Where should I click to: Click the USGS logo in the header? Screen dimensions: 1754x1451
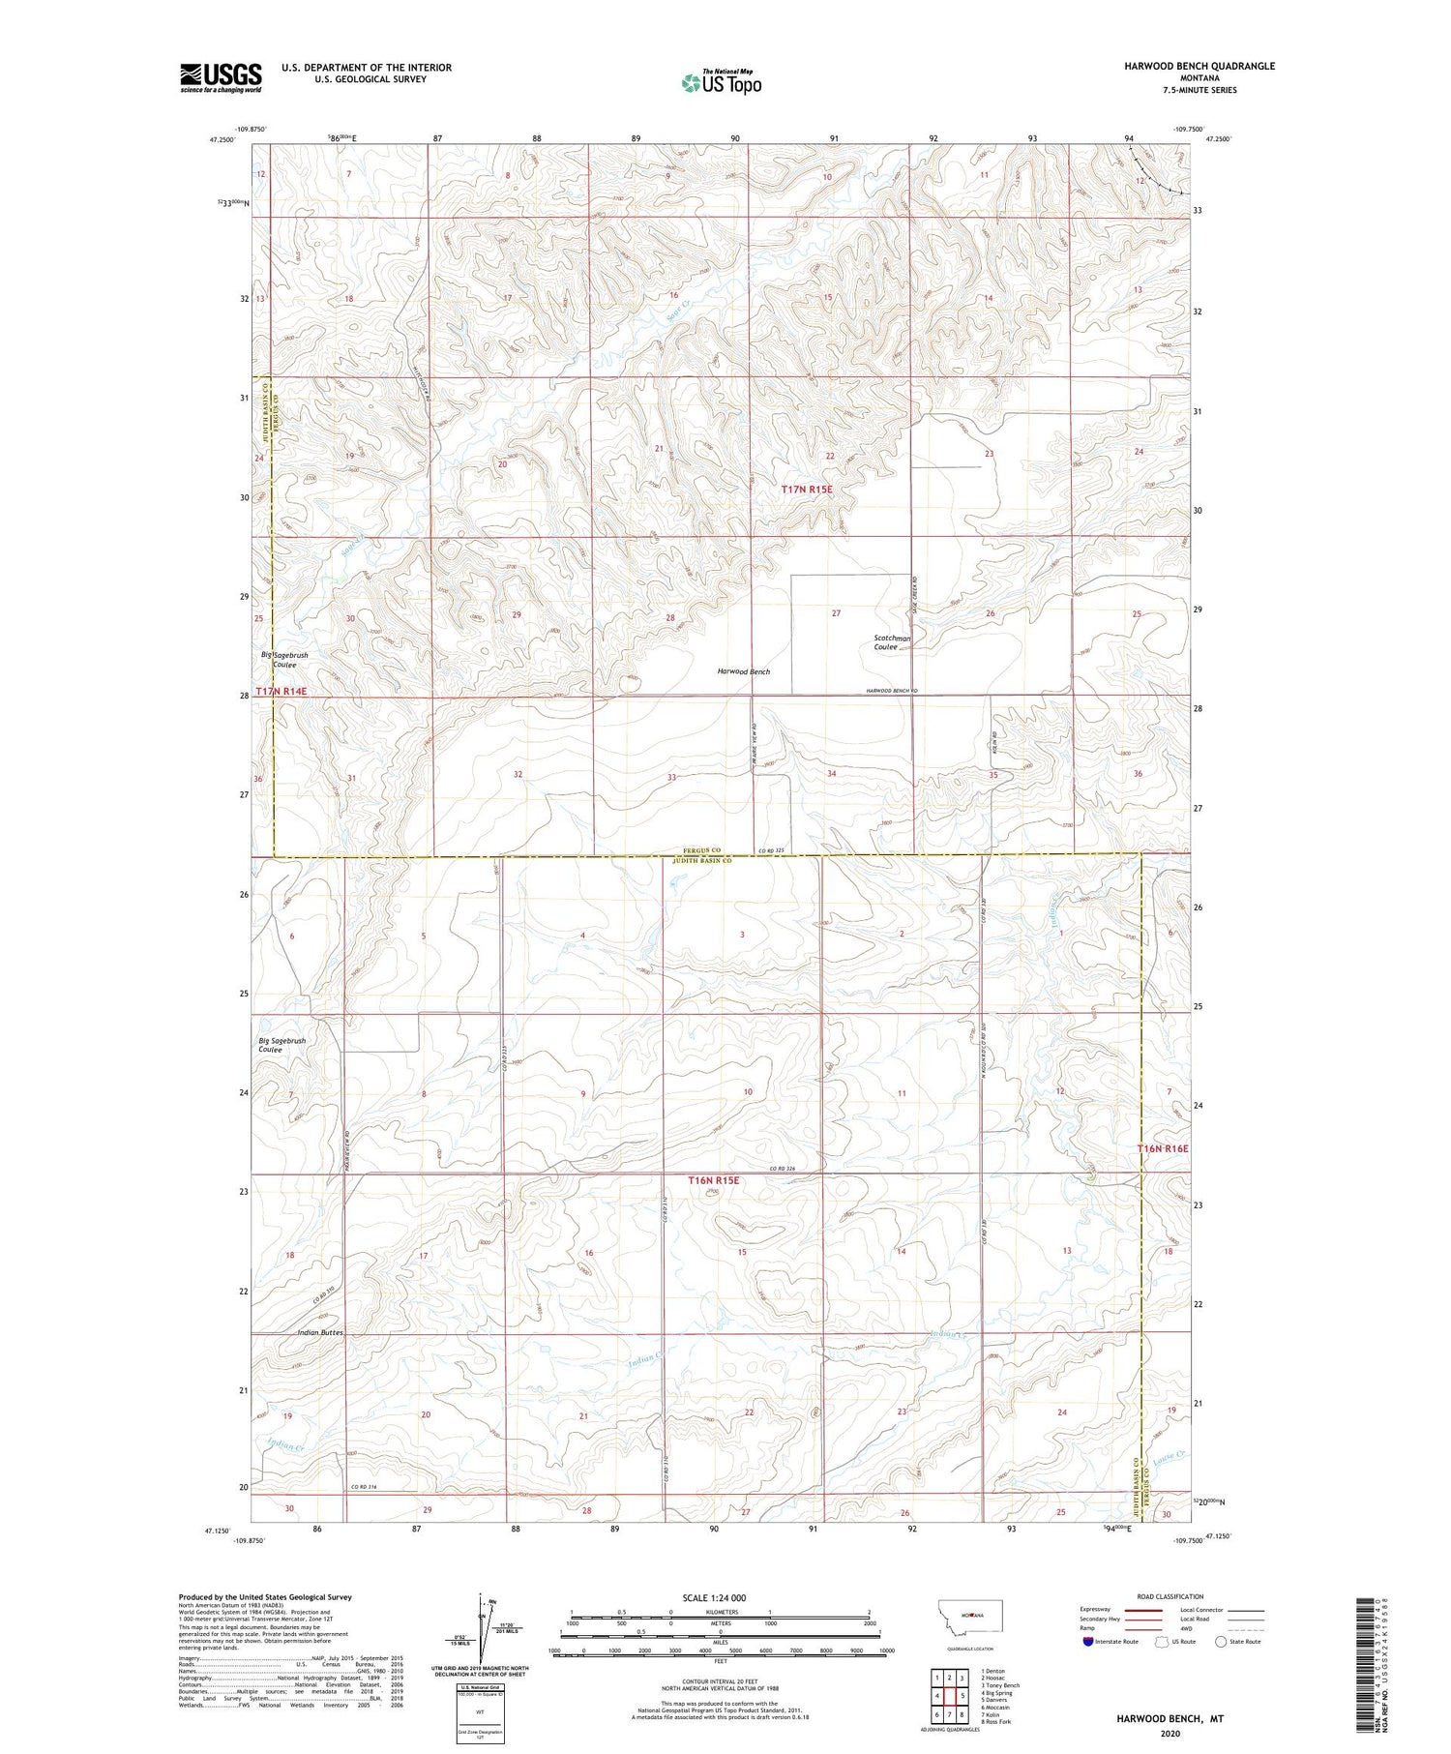tap(221, 77)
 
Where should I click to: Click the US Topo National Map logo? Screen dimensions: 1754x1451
tap(722, 82)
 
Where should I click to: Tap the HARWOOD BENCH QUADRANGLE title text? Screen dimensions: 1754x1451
tap(1199, 66)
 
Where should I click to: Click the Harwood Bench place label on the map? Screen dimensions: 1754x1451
tap(743, 671)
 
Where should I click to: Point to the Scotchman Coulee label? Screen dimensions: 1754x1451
tap(891, 643)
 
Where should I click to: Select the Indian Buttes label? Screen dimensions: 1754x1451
tap(319, 1333)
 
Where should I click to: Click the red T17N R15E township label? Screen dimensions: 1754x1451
tap(806, 491)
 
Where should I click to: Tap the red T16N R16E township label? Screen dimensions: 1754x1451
tap(1162, 1148)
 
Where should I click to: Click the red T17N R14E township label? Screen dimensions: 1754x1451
tap(281, 693)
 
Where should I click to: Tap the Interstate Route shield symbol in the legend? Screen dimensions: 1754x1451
tap(1088, 1641)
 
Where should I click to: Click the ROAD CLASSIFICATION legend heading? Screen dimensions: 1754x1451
tap(1170, 1596)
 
